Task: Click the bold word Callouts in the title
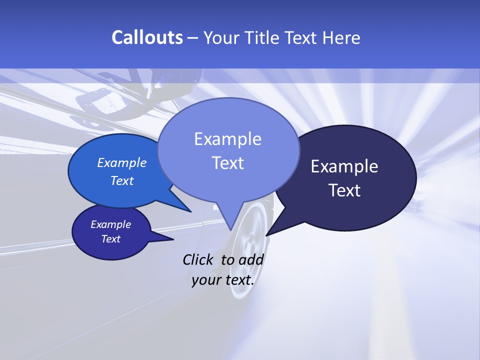coord(147,37)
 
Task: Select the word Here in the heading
coord(340,38)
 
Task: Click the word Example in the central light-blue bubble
coord(227,139)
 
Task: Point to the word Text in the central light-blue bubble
coord(227,163)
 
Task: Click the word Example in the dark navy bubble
coord(344,166)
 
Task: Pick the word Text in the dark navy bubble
coord(344,190)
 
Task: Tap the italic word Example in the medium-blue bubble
coord(122,162)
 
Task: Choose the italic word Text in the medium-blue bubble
coord(122,180)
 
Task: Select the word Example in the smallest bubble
coord(111,224)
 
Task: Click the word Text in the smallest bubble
coord(111,239)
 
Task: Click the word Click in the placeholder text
coord(198,259)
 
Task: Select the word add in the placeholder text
coord(251,259)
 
